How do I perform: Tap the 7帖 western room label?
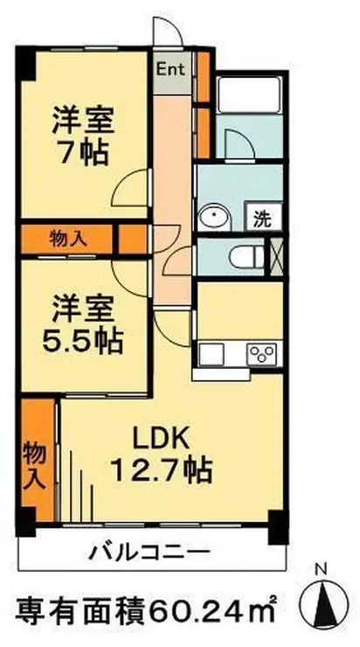[85, 151]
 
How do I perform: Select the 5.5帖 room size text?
[85, 337]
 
